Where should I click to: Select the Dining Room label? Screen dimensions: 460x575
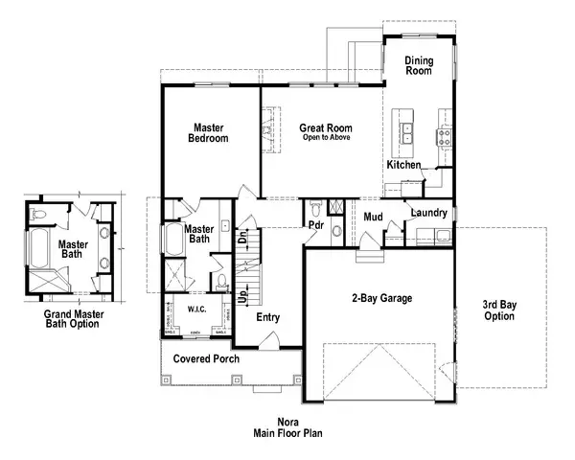419,64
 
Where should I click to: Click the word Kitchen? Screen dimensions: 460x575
403,165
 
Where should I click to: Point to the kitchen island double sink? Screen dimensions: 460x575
406,132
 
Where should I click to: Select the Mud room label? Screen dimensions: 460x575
374,217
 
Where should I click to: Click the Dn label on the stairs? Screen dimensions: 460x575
243,235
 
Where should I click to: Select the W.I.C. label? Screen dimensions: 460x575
198,310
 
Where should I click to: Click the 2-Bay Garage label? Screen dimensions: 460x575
380,299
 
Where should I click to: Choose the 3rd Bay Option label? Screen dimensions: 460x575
498,310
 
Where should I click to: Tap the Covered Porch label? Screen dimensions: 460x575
205,359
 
